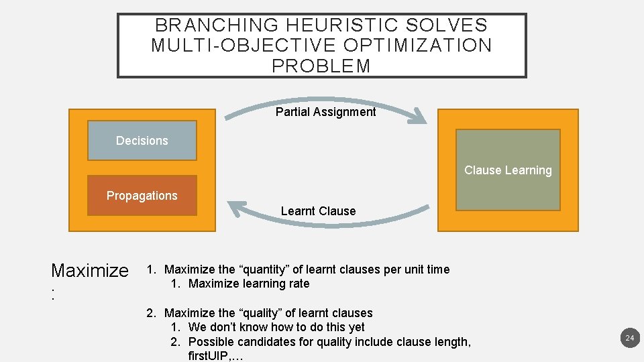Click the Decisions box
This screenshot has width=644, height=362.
(x=142, y=141)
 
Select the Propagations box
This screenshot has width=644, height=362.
(x=142, y=196)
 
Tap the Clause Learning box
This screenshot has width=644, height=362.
(x=508, y=170)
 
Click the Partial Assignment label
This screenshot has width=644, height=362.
(x=326, y=112)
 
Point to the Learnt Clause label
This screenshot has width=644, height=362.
(x=318, y=211)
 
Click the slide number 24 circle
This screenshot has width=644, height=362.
(x=629, y=339)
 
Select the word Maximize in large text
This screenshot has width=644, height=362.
(x=90, y=271)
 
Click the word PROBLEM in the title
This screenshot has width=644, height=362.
(x=321, y=66)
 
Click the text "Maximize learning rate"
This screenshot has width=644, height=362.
(x=249, y=284)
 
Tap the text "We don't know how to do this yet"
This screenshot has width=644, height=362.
(x=276, y=327)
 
